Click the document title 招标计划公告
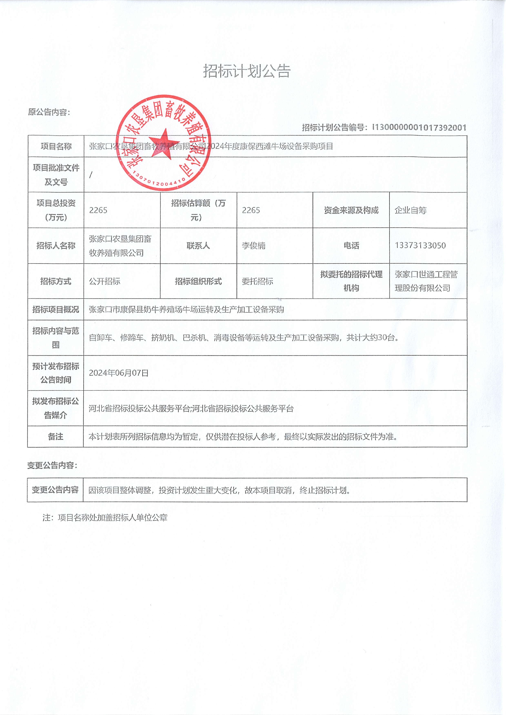[247, 71]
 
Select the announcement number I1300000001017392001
[419, 127]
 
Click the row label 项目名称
[56, 146]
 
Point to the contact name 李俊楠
[254, 246]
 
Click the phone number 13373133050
[420, 245]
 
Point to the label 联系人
[198, 246]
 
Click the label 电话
[351, 246]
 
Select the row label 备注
[55, 437]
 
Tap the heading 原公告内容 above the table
[49, 112]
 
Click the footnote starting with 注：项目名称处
[105, 518]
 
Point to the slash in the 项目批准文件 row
[91, 175]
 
